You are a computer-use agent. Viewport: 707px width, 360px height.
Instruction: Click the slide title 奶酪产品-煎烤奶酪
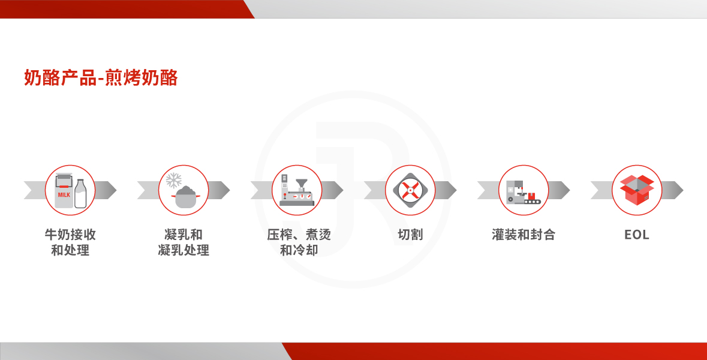coord(101,77)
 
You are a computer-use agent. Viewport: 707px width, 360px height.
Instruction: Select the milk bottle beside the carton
coord(80,194)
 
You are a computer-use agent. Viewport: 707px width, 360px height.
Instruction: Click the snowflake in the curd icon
coord(173,181)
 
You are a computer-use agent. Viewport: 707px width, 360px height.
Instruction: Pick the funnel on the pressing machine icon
coord(301,183)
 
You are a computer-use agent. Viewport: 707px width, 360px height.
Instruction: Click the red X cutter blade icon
coord(410,190)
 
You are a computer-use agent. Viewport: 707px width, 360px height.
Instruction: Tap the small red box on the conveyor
coord(532,196)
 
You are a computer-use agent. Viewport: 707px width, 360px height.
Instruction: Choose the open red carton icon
coord(637,190)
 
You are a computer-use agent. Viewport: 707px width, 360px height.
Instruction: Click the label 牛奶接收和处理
coord(70,242)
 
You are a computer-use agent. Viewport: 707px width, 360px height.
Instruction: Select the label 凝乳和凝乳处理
coord(183,242)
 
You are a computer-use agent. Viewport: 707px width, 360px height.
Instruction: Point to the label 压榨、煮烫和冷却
coord(299,242)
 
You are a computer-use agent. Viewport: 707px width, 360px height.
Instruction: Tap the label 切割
coord(410,235)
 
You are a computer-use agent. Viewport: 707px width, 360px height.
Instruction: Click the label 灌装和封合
coord(524,235)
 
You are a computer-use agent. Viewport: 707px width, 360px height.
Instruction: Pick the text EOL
coord(637,235)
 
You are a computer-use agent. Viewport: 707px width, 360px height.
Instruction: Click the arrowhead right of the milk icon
coord(106,190)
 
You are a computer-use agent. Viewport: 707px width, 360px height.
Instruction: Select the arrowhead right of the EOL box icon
coord(673,190)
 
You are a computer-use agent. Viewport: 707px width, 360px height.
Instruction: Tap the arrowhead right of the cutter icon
coord(446,190)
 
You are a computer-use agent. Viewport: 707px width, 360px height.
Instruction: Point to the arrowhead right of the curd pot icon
coord(219,190)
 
